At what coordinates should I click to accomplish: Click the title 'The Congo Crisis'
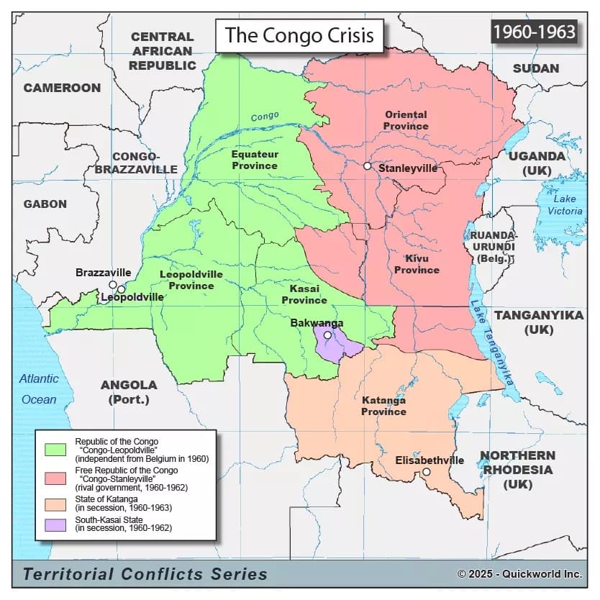point(299,35)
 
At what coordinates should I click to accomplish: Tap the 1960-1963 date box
point(534,32)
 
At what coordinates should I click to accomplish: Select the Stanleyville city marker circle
point(367,166)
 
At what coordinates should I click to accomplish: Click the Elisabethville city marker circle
point(426,473)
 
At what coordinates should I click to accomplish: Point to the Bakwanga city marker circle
point(327,335)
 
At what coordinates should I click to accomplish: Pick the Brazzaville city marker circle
point(112,285)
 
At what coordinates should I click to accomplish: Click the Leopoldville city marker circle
point(122,290)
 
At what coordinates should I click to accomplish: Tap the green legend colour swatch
point(55,448)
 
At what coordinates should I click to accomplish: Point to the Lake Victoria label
point(565,205)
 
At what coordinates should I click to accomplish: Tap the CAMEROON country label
point(62,88)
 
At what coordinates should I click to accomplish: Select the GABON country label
point(45,204)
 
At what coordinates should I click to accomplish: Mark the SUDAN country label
point(535,68)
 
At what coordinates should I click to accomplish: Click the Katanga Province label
point(383,406)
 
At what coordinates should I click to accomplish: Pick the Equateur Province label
point(254,160)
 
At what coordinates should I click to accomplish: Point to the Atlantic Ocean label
point(39,389)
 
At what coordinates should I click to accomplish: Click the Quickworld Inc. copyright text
point(519,573)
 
